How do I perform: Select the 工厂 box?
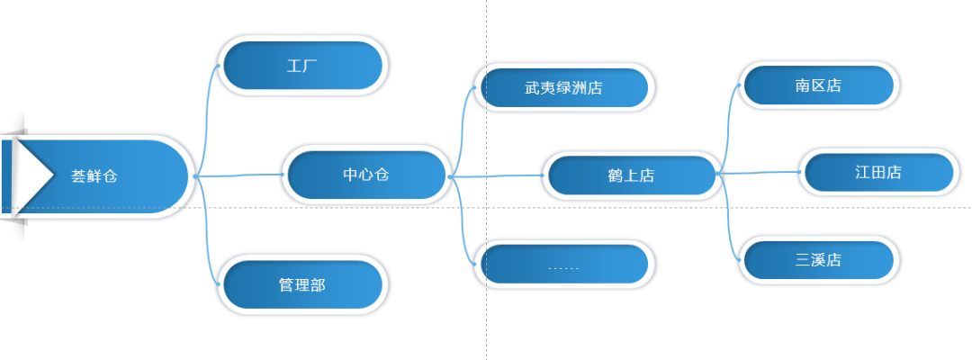click(302, 65)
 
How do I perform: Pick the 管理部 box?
click(302, 284)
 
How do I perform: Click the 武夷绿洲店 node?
click(564, 87)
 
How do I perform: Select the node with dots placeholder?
click(564, 264)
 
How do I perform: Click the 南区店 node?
click(818, 85)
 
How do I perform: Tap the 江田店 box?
click(877, 172)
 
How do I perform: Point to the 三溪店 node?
click(818, 260)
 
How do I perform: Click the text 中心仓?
click(365, 175)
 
